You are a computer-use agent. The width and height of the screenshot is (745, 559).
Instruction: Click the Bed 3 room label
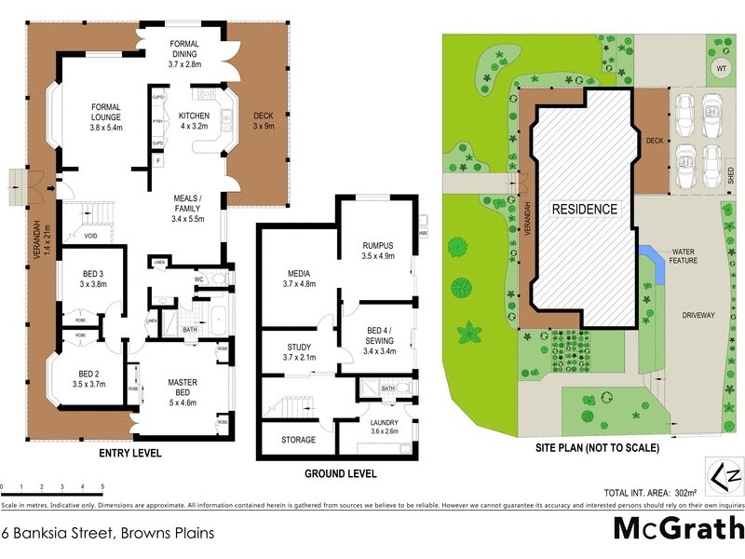point(95,279)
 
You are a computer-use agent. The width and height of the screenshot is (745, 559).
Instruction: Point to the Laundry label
point(385,426)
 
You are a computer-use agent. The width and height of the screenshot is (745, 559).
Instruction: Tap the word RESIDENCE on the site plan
point(583,209)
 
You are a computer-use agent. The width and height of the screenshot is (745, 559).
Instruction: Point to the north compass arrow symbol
point(729,477)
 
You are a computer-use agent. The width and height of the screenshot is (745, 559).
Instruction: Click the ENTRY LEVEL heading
point(129,454)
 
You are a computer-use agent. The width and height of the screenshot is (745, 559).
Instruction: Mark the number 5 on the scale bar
point(102,487)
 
